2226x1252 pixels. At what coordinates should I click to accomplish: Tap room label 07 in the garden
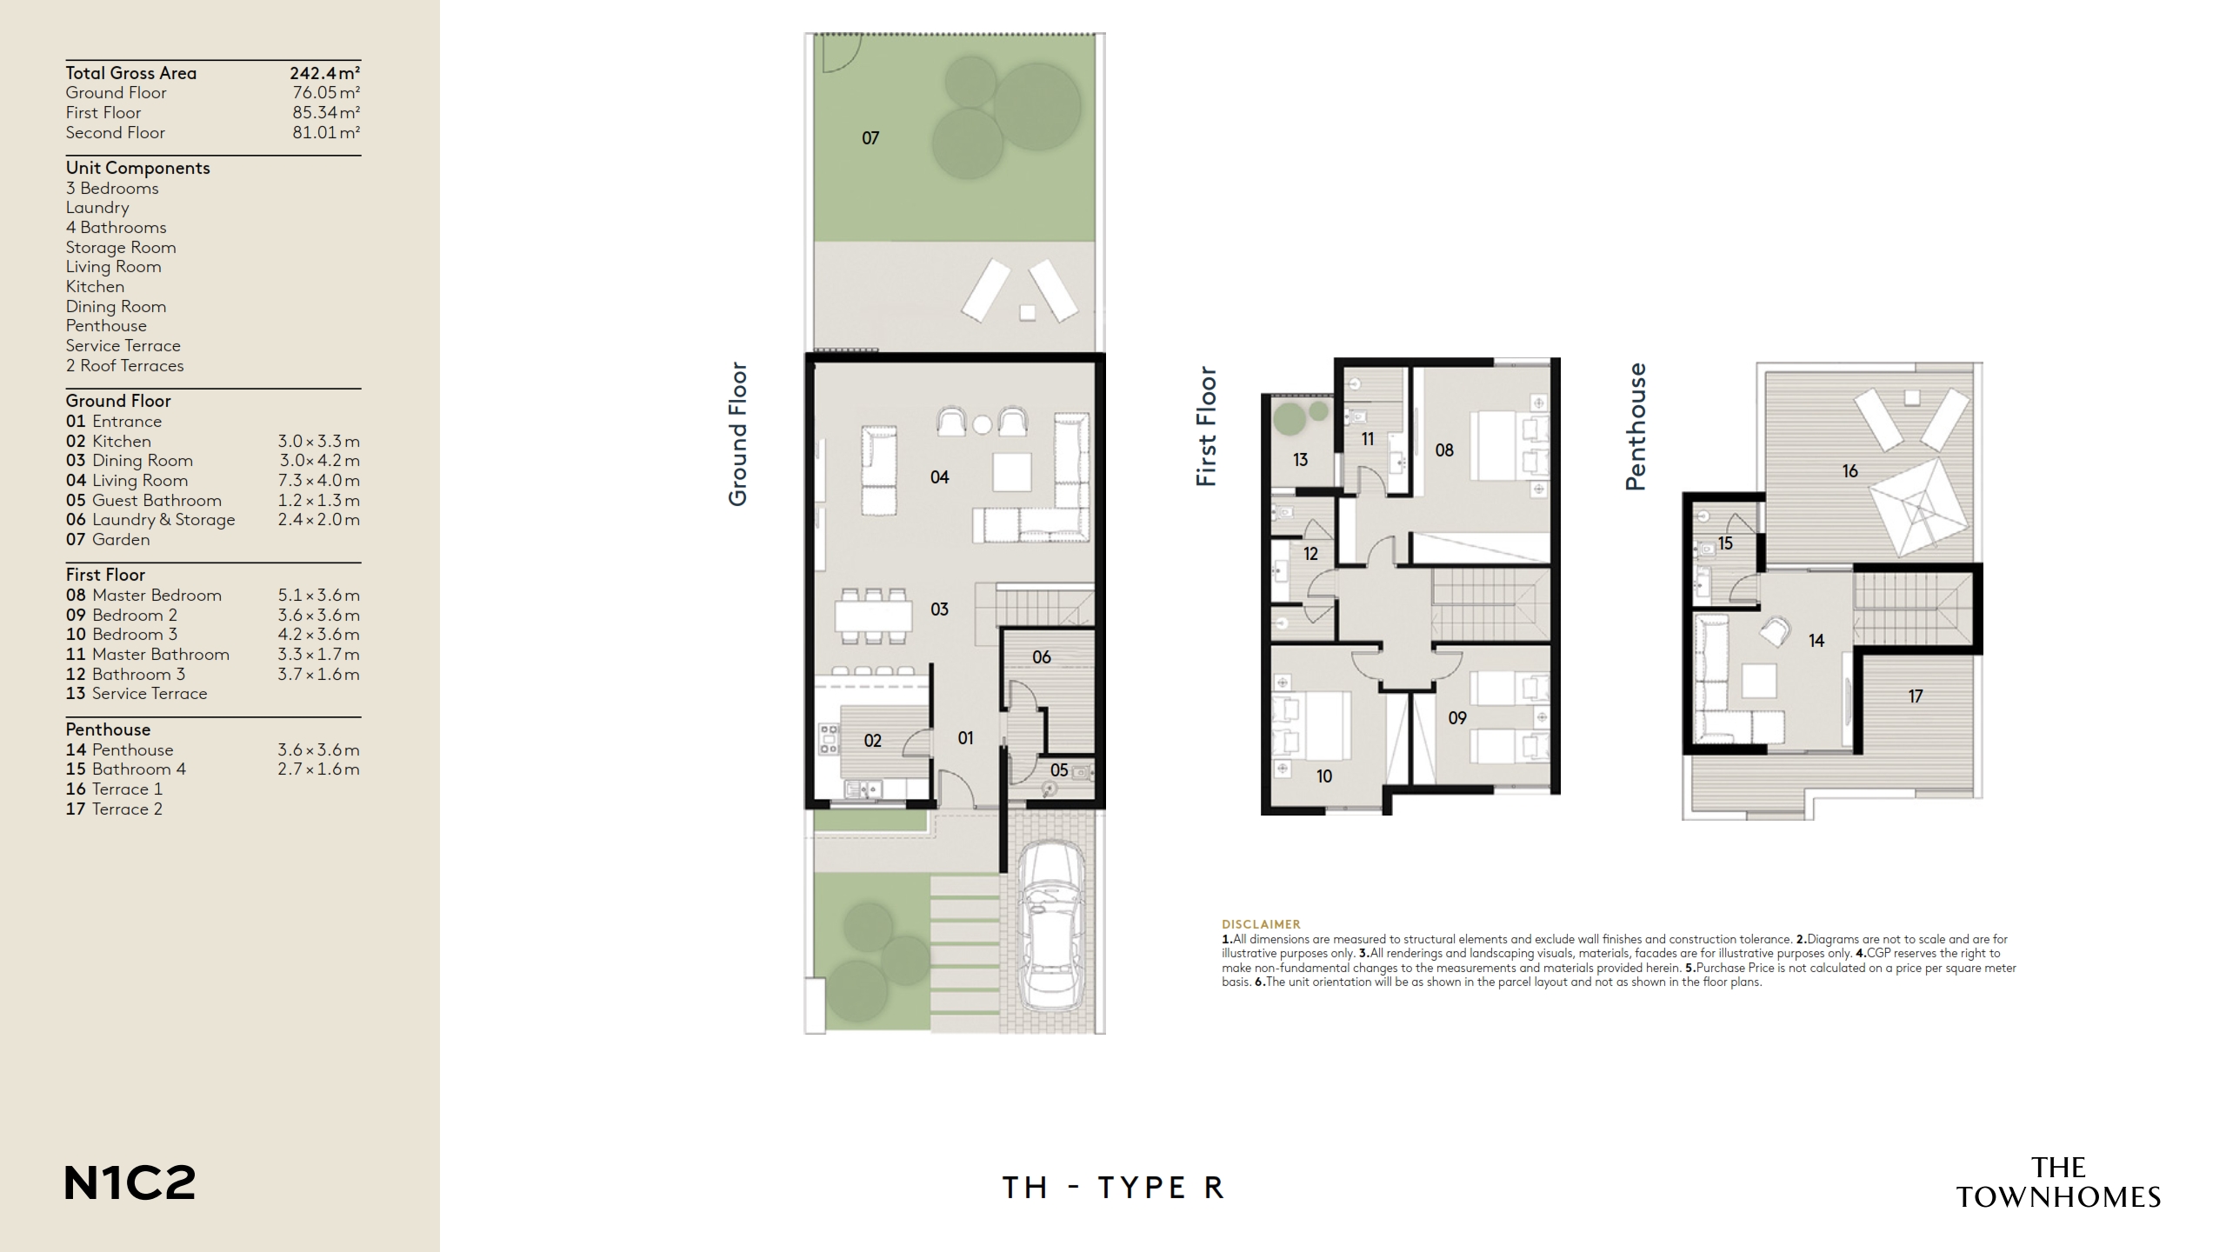pyautogui.click(x=870, y=138)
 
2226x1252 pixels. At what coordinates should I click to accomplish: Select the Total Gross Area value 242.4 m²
pyautogui.click(x=324, y=73)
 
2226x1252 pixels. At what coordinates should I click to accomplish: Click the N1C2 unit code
pyautogui.click(x=130, y=1183)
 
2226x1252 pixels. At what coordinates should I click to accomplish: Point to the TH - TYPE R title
pyautogui.click(x=1113, y=1188)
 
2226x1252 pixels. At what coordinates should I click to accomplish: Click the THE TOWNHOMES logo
pyautogui.click(x=2058, y=1182)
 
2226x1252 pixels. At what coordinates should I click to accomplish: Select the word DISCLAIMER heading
pyautogui.click(x=1261, y=924)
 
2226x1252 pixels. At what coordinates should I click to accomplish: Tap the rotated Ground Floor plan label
pyautogui.click(x=738, y=434)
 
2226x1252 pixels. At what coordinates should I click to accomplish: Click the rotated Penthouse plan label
pyautogui.click(x=1636, y=427)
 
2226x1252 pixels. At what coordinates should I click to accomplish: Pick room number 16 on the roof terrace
pyautogui.click(x=1849, y=471)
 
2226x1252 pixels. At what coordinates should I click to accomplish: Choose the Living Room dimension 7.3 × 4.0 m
pyautogui.click(x=318, y=481)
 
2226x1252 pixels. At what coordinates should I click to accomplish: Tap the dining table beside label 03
pyautogui.click(x=874, y=616)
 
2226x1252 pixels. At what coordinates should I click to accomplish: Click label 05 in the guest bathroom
pyautogui.click(x=1058, y=770)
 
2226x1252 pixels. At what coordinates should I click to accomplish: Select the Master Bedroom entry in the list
pyautogui.click(x=157, y=596)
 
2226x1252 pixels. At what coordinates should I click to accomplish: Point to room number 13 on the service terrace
pyautogui.click(x=1300, y=460)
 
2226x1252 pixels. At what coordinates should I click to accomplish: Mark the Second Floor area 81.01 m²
pyautogui.click(x=326, y=133)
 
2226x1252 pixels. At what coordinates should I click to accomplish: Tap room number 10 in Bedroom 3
pyautogui.click(x=1323, y=776)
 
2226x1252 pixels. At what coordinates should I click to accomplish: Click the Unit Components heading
pyautogui.click(x=137, y=168)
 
